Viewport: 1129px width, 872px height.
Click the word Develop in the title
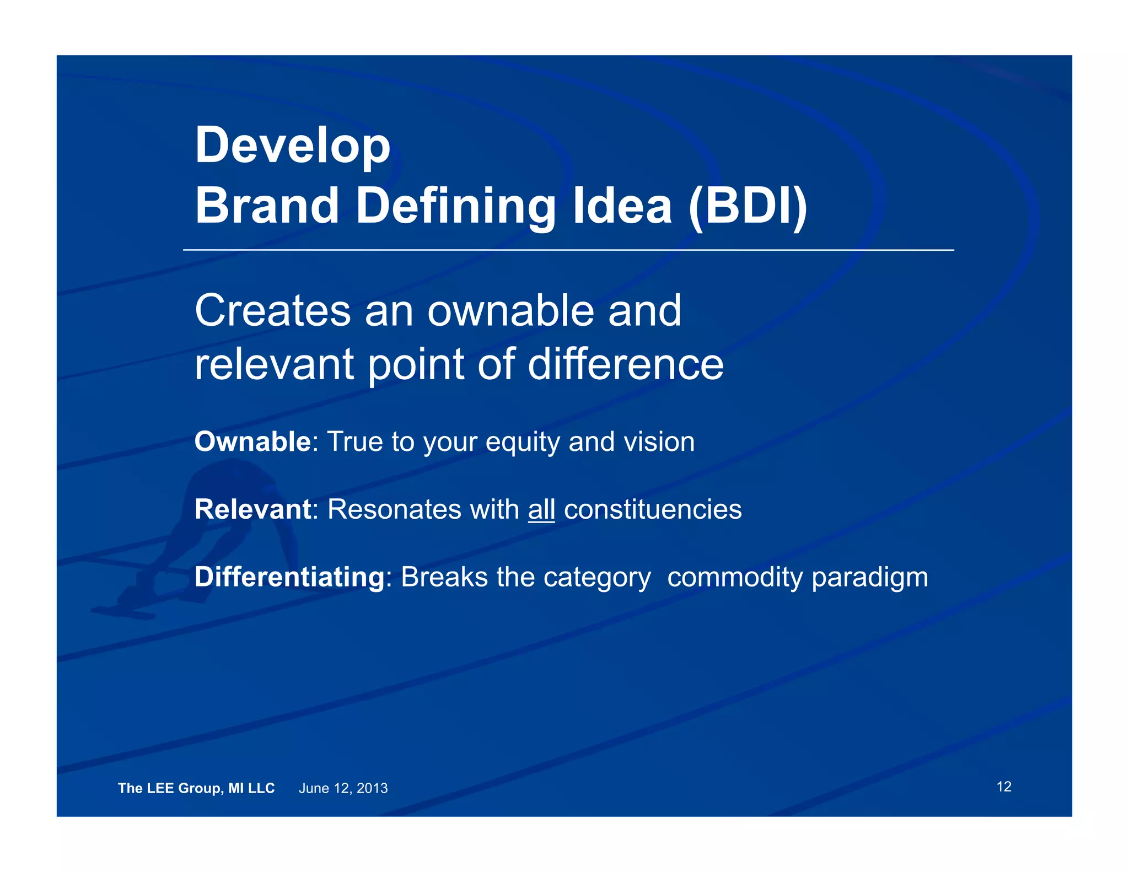[x=292, y=145]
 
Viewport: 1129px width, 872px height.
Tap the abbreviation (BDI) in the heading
[x=748, y=206]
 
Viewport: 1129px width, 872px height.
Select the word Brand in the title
[x=267, y=206]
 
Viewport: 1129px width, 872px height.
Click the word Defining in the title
[x=455, y=206]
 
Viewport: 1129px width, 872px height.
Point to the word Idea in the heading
[x=622, y=206]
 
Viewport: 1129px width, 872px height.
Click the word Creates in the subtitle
[x=272, y=310]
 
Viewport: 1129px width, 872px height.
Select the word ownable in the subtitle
[x=511, y=310]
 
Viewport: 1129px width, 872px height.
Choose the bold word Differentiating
[x=289, y=577]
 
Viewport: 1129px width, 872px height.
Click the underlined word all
[x=541, y=509]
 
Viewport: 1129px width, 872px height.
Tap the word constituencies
[x=653, y=509]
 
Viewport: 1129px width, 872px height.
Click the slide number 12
[x=1003, y=787]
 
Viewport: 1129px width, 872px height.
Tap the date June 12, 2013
[x=343, y=788]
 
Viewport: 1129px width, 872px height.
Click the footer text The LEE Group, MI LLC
[x=196, y=788]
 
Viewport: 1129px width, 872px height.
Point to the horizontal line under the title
[x=568, y=250]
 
